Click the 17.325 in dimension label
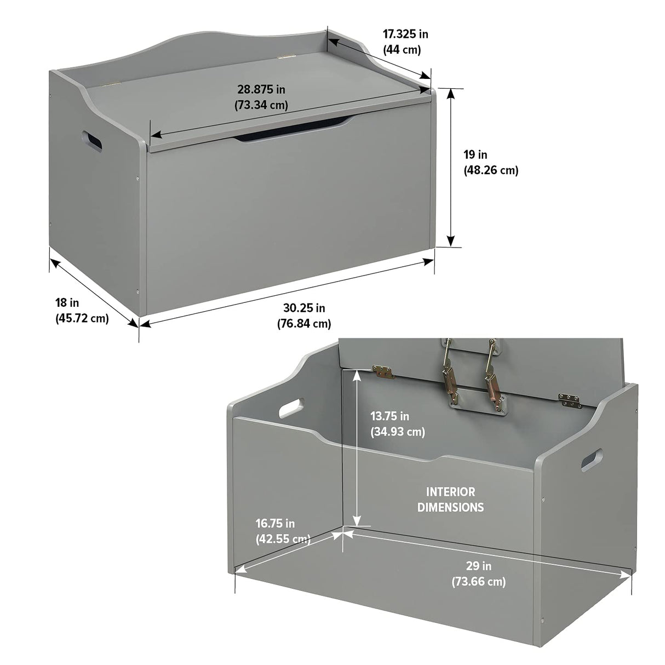point(405,34)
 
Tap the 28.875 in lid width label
point(261,89)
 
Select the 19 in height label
point(475,154)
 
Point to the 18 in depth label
point(67,302)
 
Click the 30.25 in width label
point(304,308)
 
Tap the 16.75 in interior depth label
point(275,524)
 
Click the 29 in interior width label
point(479,566)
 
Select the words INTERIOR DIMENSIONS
point(450,500)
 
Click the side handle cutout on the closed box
point(91,142)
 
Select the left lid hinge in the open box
point(384,371)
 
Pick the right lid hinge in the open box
point(570,400)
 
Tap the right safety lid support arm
point(491,374)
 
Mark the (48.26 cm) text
point(491,170)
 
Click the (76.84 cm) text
point(304,324)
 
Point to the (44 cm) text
point(402,50)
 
